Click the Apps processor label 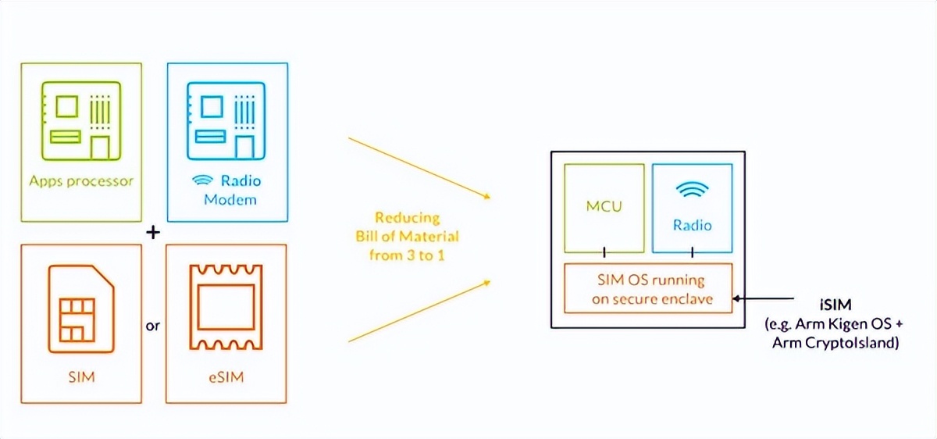(82, 181)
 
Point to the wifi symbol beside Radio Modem (201, 180)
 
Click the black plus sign (154, 233)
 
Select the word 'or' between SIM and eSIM (153, 326)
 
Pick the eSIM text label (226, 378)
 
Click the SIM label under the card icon (81, 378)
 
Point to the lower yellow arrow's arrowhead (485, 280)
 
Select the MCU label (604, 208)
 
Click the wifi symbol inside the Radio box (692, 191)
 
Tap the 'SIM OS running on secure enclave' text (649, 288)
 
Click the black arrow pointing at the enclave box (765, 298)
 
